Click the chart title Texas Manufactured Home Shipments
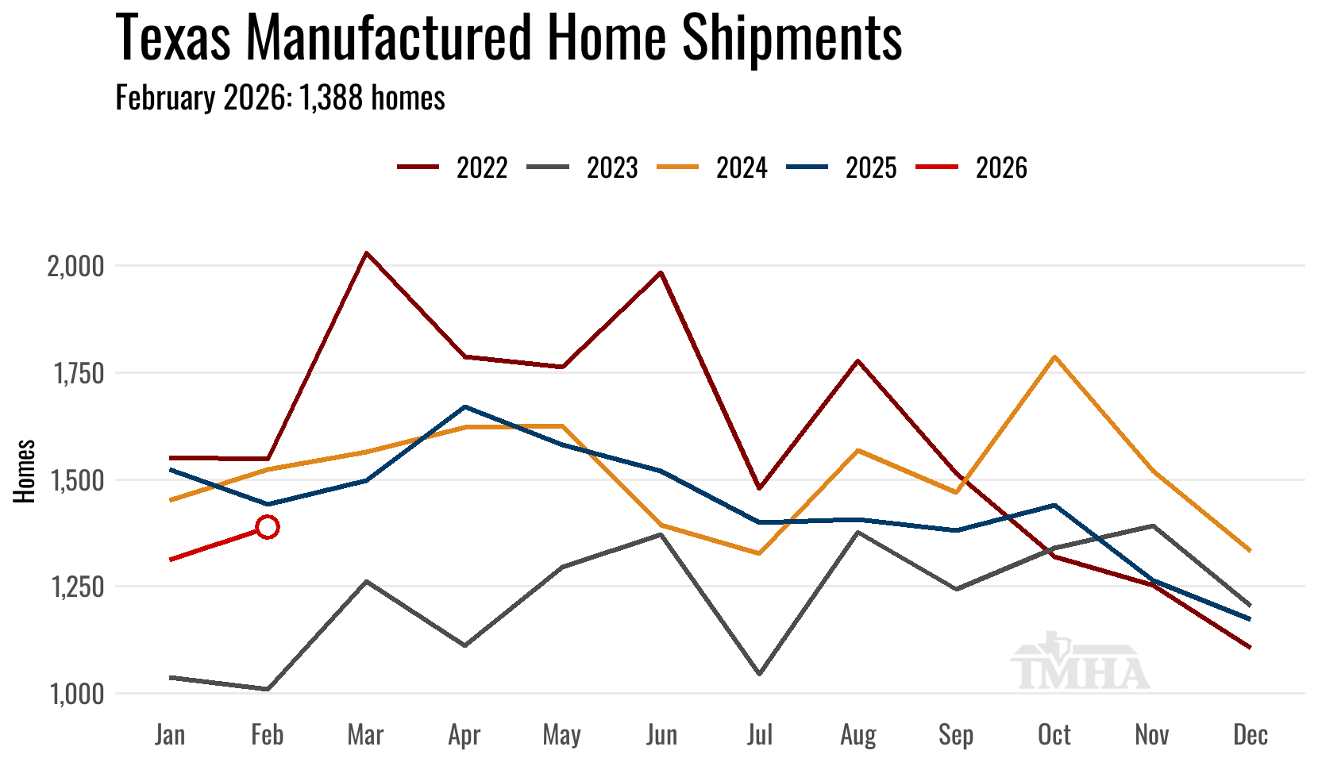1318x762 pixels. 508,37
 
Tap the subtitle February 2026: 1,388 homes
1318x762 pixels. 280,98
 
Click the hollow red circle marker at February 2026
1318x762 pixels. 268,527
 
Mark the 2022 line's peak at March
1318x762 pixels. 366,253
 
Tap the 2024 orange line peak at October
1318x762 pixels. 1054,357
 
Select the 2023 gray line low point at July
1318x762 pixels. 760,674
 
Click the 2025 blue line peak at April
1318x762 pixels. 464,407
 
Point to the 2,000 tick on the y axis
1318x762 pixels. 76,266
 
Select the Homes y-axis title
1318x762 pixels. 25,471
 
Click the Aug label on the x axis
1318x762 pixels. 858,735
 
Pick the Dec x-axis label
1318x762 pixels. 1251,735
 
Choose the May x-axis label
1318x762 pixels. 562,735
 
